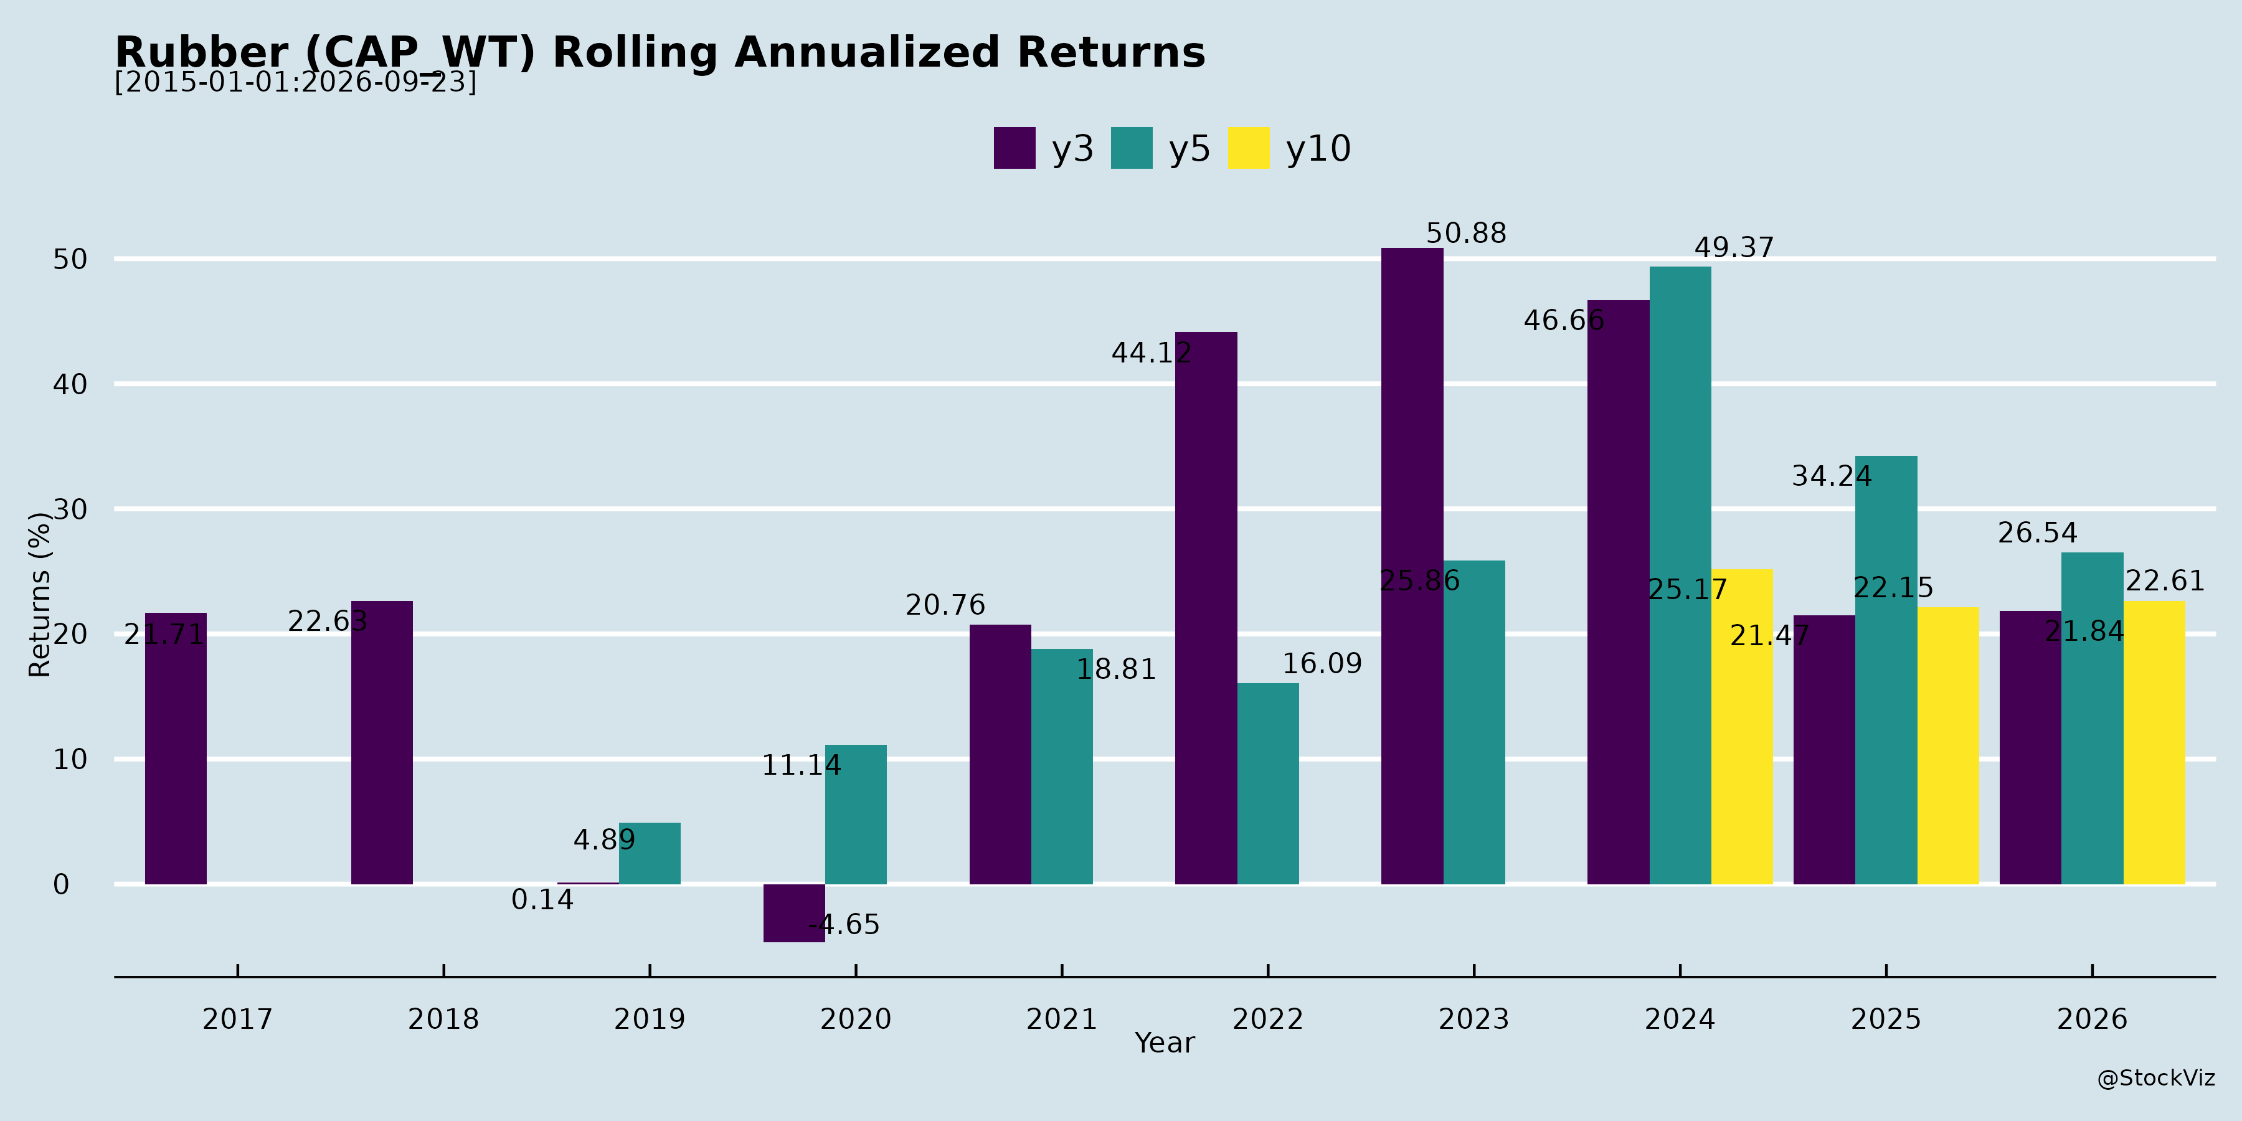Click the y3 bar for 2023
coord(1412,565)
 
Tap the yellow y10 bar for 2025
coord(1948,746)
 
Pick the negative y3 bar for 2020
coord(794,913)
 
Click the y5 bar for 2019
coord(650,854)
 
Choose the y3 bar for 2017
coord(176,749)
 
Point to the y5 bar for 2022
coord(1268,783)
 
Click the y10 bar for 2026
coord(2154,742)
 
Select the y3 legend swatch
coord(1015,148)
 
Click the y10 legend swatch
coord(1249,148)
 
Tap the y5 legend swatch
coord(1132,148)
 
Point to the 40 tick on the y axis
coord(70,384)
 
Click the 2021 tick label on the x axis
coord(1062,1019)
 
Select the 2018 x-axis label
coord(444,1019)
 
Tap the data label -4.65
coord(844,924)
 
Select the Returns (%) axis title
coord(39,595)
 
